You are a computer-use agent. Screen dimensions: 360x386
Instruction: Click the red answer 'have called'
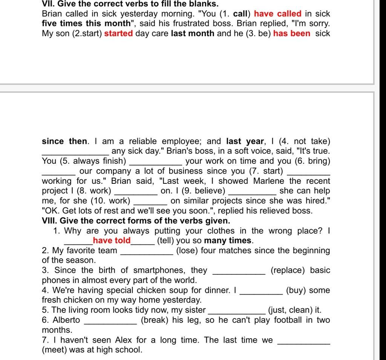pos(278,14)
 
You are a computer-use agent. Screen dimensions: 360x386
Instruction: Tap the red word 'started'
pos(119,33)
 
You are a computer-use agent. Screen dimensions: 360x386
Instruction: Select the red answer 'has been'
pos(292,33)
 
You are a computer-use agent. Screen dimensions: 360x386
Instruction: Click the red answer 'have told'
pos(112,240)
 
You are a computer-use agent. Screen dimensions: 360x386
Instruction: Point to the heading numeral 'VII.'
pos(48,4)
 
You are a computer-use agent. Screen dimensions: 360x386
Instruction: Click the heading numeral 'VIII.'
pos(50,221)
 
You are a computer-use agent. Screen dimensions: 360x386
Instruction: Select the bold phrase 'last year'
pos(245,142)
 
